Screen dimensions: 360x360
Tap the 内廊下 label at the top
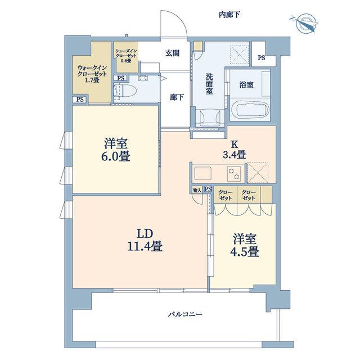229,15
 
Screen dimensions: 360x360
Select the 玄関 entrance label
172,53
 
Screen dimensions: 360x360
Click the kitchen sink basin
202,173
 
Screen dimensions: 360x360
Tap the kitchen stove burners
234,174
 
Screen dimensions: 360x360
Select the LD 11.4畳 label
145,240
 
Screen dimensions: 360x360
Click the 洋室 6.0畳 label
116,150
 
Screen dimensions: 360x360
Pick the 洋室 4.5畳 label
245,245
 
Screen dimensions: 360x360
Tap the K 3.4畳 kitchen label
235,150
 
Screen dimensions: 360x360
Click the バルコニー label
185,314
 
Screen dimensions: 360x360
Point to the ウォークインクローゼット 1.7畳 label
92,74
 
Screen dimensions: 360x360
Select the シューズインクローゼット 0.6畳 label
126,56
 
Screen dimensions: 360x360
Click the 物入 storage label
197,190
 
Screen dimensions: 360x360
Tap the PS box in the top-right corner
261,57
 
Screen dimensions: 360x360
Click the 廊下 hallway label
177,97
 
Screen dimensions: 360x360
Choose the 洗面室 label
209,84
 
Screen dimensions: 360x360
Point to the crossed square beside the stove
258,173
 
